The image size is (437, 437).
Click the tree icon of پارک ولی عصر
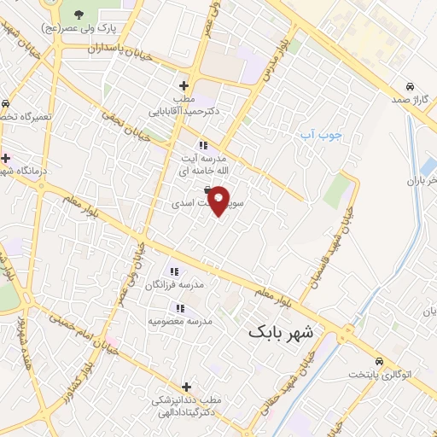click(79, 14)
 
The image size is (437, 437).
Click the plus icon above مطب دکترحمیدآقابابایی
click(183, 85)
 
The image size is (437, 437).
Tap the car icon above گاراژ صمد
click(411, 87)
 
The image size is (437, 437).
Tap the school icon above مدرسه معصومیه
click(179, 307)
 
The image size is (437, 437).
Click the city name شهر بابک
click(281, 331)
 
